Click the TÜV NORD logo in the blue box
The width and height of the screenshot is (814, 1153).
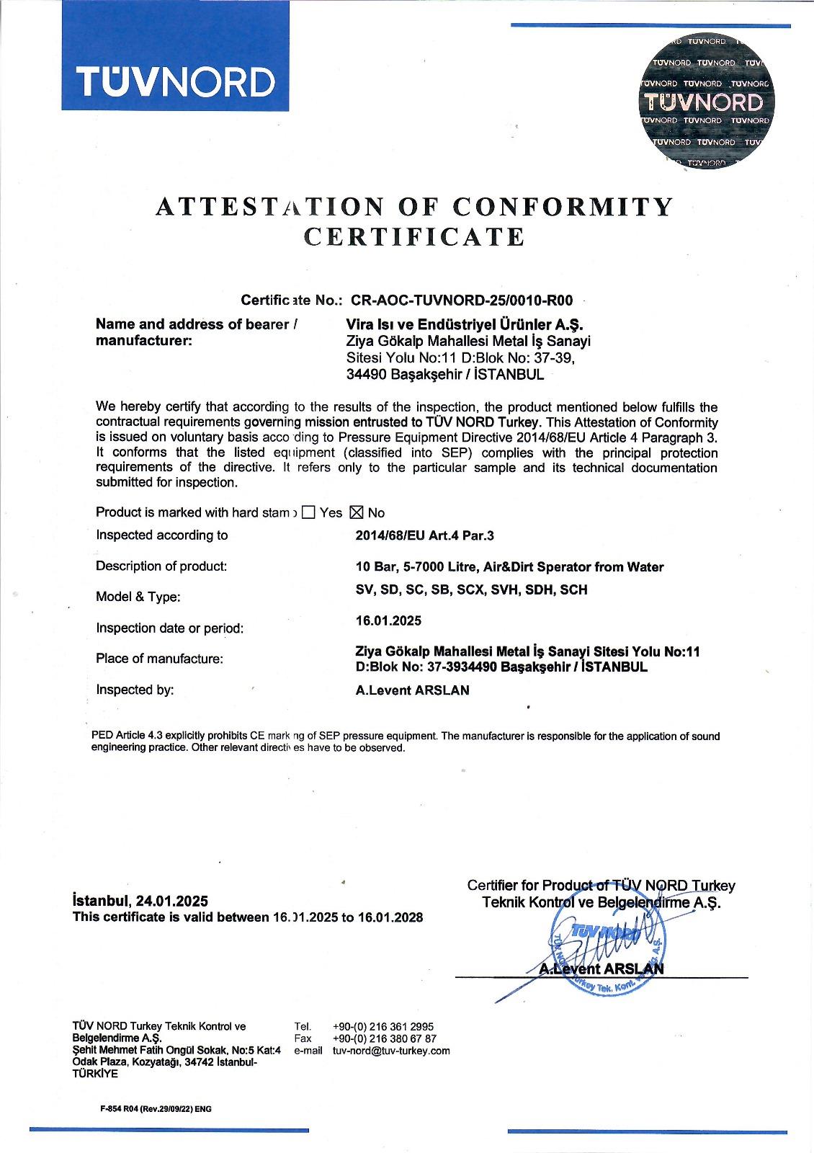tap(176, 81)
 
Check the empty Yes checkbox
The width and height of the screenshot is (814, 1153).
tap(308, 512)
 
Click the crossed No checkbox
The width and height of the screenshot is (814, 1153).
tap(356, 512)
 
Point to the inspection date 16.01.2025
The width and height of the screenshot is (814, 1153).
tap(388, 620)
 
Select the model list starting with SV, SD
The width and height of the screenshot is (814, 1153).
tap(472, 589)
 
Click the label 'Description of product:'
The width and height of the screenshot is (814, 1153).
tap(161, 566)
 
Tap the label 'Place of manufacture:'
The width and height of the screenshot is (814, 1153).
tap(159, 659)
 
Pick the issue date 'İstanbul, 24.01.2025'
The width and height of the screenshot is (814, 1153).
tap(140, 901)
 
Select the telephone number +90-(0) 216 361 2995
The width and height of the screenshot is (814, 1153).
tap(383, 1026)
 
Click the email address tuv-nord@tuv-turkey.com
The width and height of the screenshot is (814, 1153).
tap(391, 1051)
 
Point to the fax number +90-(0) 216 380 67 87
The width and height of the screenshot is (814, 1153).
tap(385, 1038)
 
